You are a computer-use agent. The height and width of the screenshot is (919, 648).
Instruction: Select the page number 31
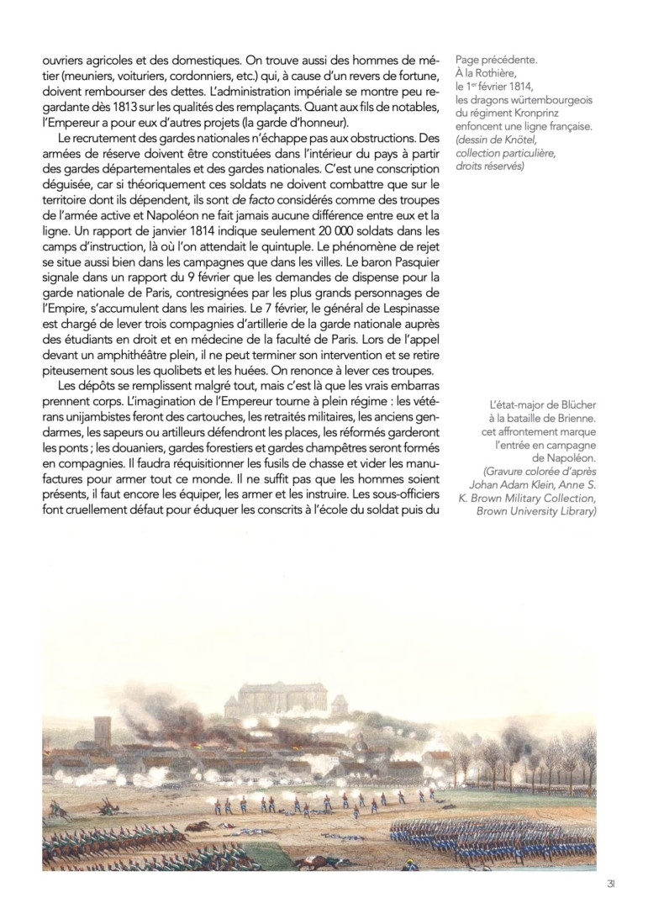tap(611, 883)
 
